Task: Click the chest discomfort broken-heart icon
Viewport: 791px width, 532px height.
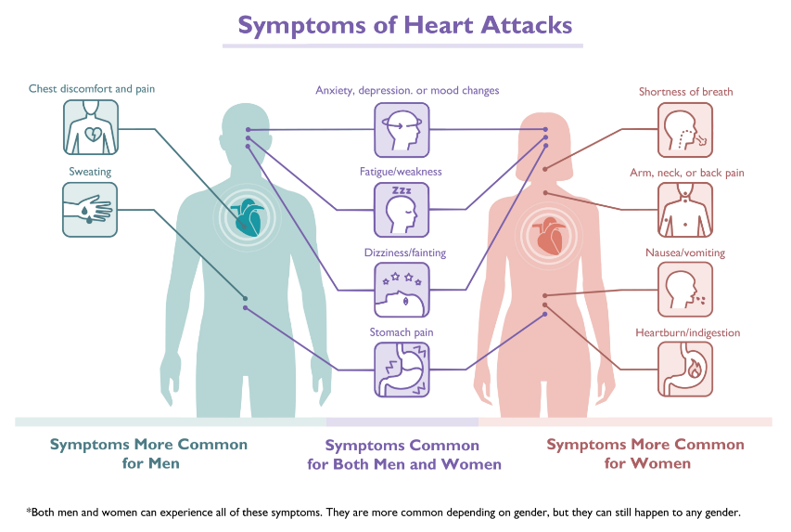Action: (x=91, y=127)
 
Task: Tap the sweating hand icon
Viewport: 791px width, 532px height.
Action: (x=91, y=209)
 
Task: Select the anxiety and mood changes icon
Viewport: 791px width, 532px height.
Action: (x=402, y=130)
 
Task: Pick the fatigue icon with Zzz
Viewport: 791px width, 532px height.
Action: (x=402, y=209)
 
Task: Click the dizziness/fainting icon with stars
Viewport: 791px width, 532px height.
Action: (x=402, y=291)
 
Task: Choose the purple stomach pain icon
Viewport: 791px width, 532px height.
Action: (x=402, y=370)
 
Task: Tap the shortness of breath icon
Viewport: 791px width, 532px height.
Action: (x=685, y=130)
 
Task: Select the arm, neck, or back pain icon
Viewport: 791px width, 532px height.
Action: (x=685, y=209)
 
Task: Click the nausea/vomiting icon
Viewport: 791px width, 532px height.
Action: (x=685, y=290)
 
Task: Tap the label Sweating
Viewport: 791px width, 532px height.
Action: (x=90, y=172)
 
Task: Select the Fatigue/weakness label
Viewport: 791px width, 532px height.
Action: (x=401, y=172)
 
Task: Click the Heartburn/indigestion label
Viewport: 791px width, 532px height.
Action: (x=687, y=332)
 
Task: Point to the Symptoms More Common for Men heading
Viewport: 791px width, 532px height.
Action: (x=148, y=453)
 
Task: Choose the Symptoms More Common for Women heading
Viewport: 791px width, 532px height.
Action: (x=645, y=453)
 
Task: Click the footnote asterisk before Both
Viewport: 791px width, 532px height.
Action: (x=29, y=511)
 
